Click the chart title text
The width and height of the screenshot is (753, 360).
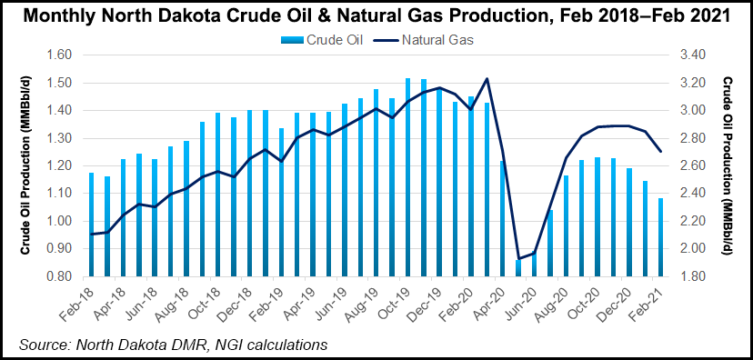point(376,15)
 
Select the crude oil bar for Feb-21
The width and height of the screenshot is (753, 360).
point(661,236)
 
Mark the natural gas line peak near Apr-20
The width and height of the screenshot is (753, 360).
point(487,79)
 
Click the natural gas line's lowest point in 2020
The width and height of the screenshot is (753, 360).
point(518,259)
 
